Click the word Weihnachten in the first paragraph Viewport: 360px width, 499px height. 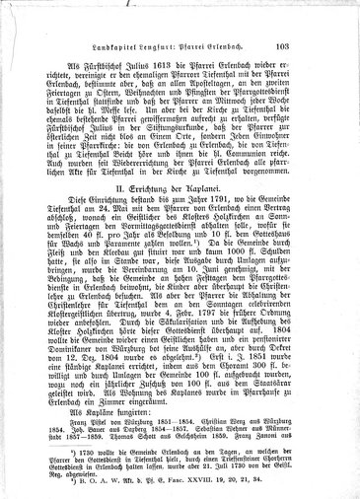point(156,106)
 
